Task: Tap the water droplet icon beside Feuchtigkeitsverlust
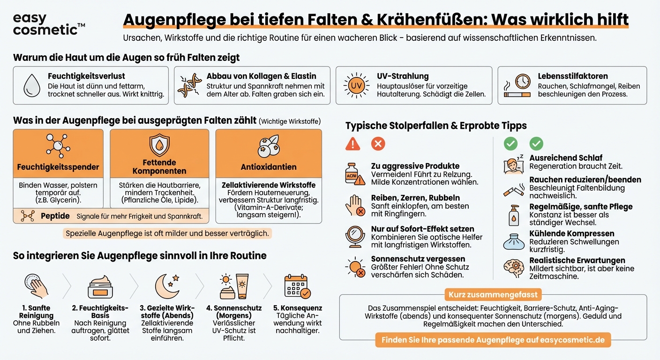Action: coord(32,85)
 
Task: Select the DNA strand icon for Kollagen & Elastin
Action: coord(189,85)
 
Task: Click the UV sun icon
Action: coord(357,85)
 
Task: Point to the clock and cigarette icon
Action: coord(517,86)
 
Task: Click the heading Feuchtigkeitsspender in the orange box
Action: coord(58,167)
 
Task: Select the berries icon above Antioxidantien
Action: coord(269,146)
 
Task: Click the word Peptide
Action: coord(55,216)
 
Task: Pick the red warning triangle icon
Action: coord(352,144)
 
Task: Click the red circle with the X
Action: coord(378,144)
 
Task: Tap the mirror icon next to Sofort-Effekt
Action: coord(355,236)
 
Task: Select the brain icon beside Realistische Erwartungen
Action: coord(513,268)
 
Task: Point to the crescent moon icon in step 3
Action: coord(167,286)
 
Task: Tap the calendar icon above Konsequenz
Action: coord(297,286)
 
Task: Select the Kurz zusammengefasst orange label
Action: coord(493,295)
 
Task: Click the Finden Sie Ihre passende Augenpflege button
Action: coord(493,340)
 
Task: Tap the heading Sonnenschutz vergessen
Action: coord(418,259)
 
